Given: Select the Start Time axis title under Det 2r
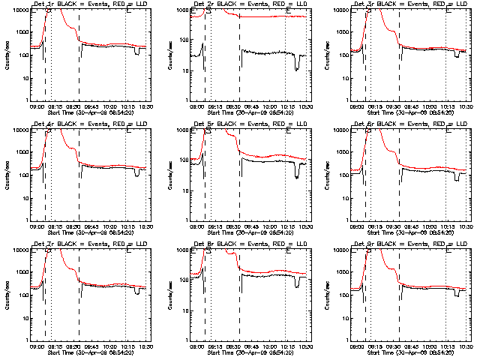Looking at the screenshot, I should pos(250,110).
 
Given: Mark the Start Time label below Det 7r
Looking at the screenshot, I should pos(89,350).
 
